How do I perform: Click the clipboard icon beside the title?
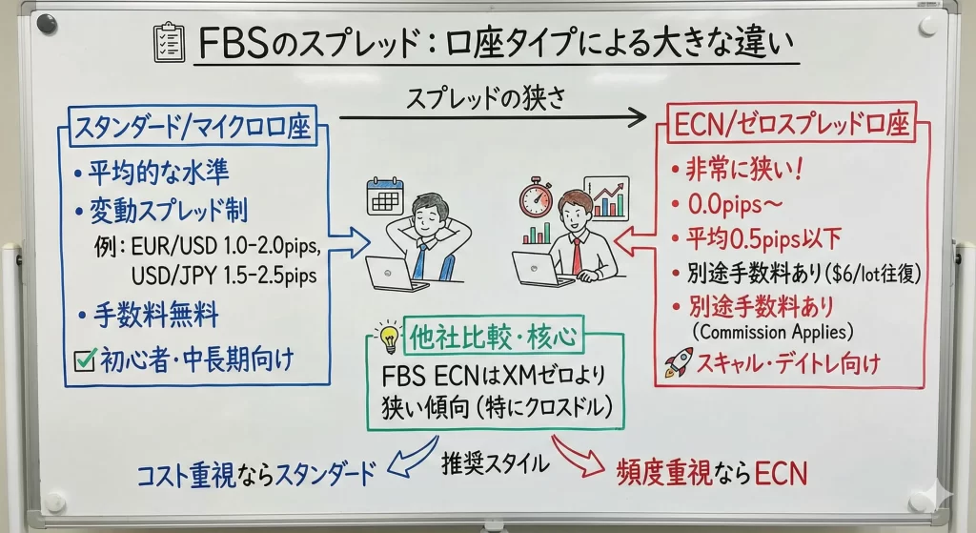[169, 42]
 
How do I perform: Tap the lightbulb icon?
[389, 338]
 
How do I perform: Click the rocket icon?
[679, 361]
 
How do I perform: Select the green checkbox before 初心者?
[85, 359]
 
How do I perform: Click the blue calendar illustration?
[385, 196]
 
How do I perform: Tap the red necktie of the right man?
[577, 256]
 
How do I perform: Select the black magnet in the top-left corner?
[47, 25]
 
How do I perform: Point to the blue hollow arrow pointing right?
[349, 241]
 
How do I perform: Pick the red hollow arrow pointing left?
[635, 241]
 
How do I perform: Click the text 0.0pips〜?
[735, 204]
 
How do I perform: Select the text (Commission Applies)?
[772, 332]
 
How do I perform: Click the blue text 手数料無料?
[156, 315]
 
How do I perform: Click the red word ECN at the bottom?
[781, 473]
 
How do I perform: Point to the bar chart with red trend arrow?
[606, 198]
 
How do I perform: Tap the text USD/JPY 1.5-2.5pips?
[224, 276]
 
